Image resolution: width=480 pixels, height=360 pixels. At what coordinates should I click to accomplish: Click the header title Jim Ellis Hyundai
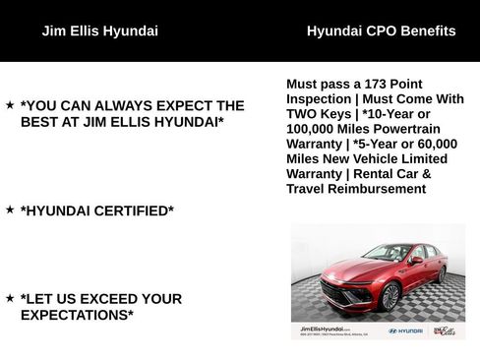click(99, 30)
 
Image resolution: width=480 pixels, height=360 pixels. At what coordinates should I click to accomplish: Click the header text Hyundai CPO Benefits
click(381, 30)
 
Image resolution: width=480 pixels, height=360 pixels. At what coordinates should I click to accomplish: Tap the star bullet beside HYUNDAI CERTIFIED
click(10, 210)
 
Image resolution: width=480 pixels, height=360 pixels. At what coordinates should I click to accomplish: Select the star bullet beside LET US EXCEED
click(10, 297)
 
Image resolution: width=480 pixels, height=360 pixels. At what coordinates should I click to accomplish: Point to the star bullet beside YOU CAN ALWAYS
click(10, 104)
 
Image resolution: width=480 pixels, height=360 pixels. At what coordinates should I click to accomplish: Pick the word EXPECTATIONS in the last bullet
click(76, 315)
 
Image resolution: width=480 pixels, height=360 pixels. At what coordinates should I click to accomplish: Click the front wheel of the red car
click(390, 295)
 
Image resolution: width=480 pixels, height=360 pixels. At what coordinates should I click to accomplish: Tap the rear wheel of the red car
click(442, 273)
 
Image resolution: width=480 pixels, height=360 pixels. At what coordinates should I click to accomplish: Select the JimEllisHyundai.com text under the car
click(324, 330)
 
